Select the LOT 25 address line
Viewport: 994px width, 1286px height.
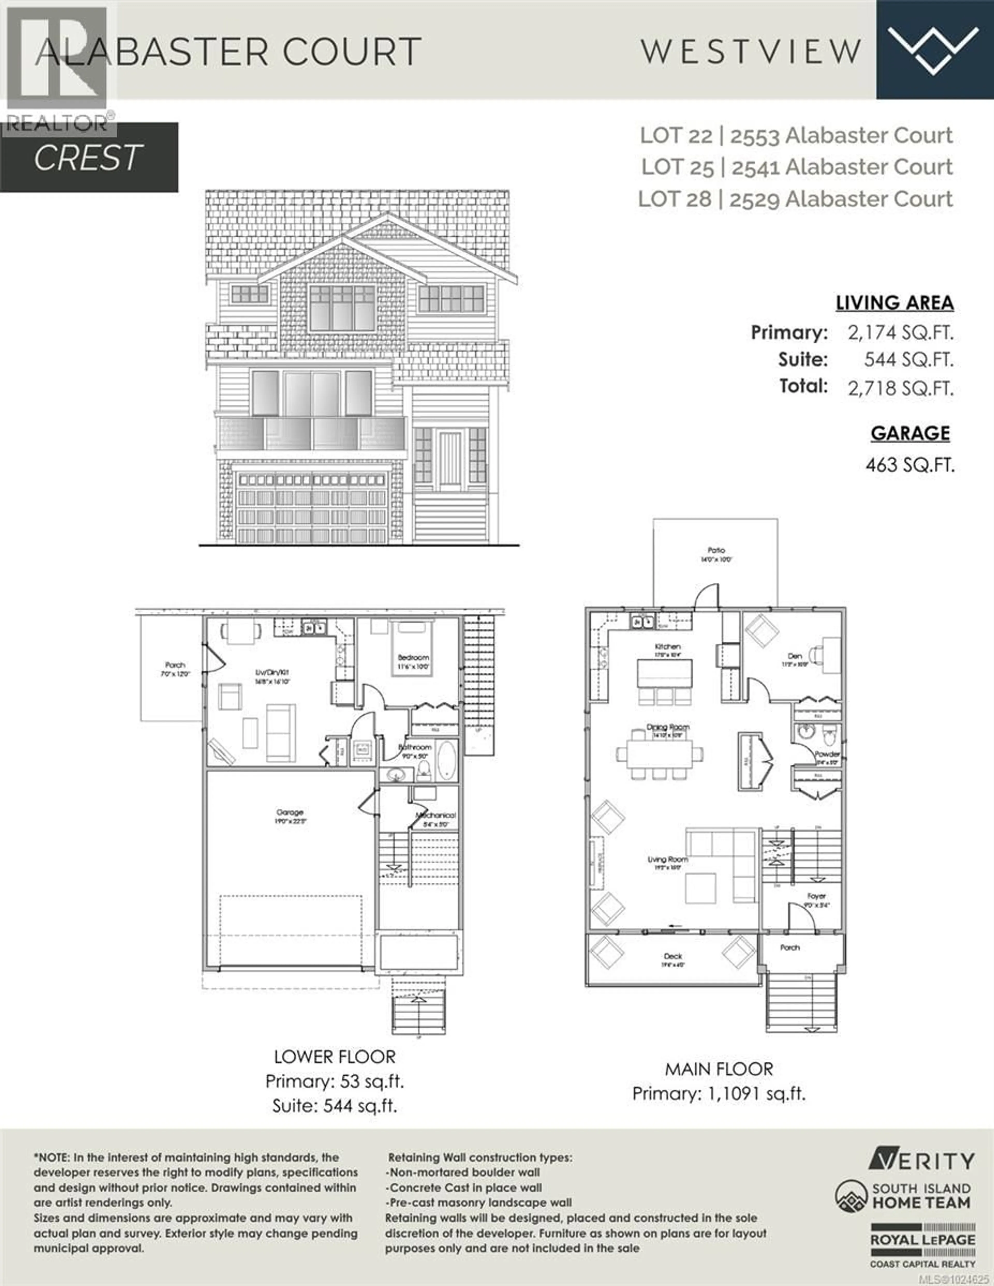pyautogui.click(x=796, y=167)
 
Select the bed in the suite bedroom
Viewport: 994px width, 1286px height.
pyautogui.click(x=413, y=648)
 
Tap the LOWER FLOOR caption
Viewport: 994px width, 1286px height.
pyautogui.click(x=335, y=1057)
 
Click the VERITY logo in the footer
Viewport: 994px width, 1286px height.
pyautogui.click(x=921, y=1161)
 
